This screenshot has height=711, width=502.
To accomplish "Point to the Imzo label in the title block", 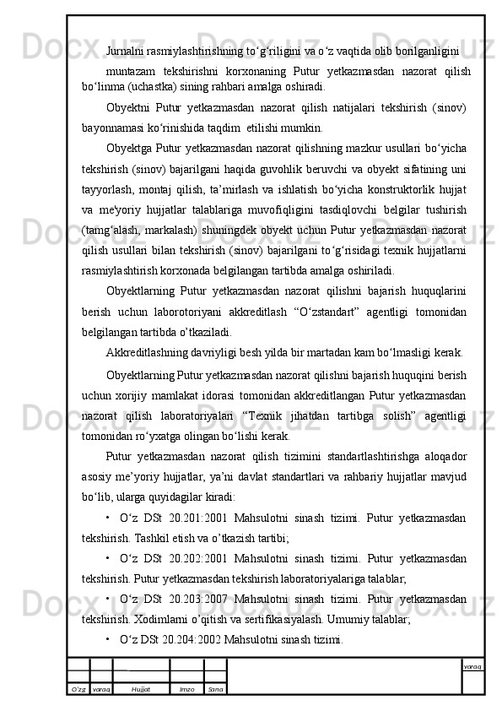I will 187,689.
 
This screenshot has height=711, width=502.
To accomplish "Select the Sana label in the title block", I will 215,689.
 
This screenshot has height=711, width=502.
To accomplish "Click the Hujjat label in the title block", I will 141,689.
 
